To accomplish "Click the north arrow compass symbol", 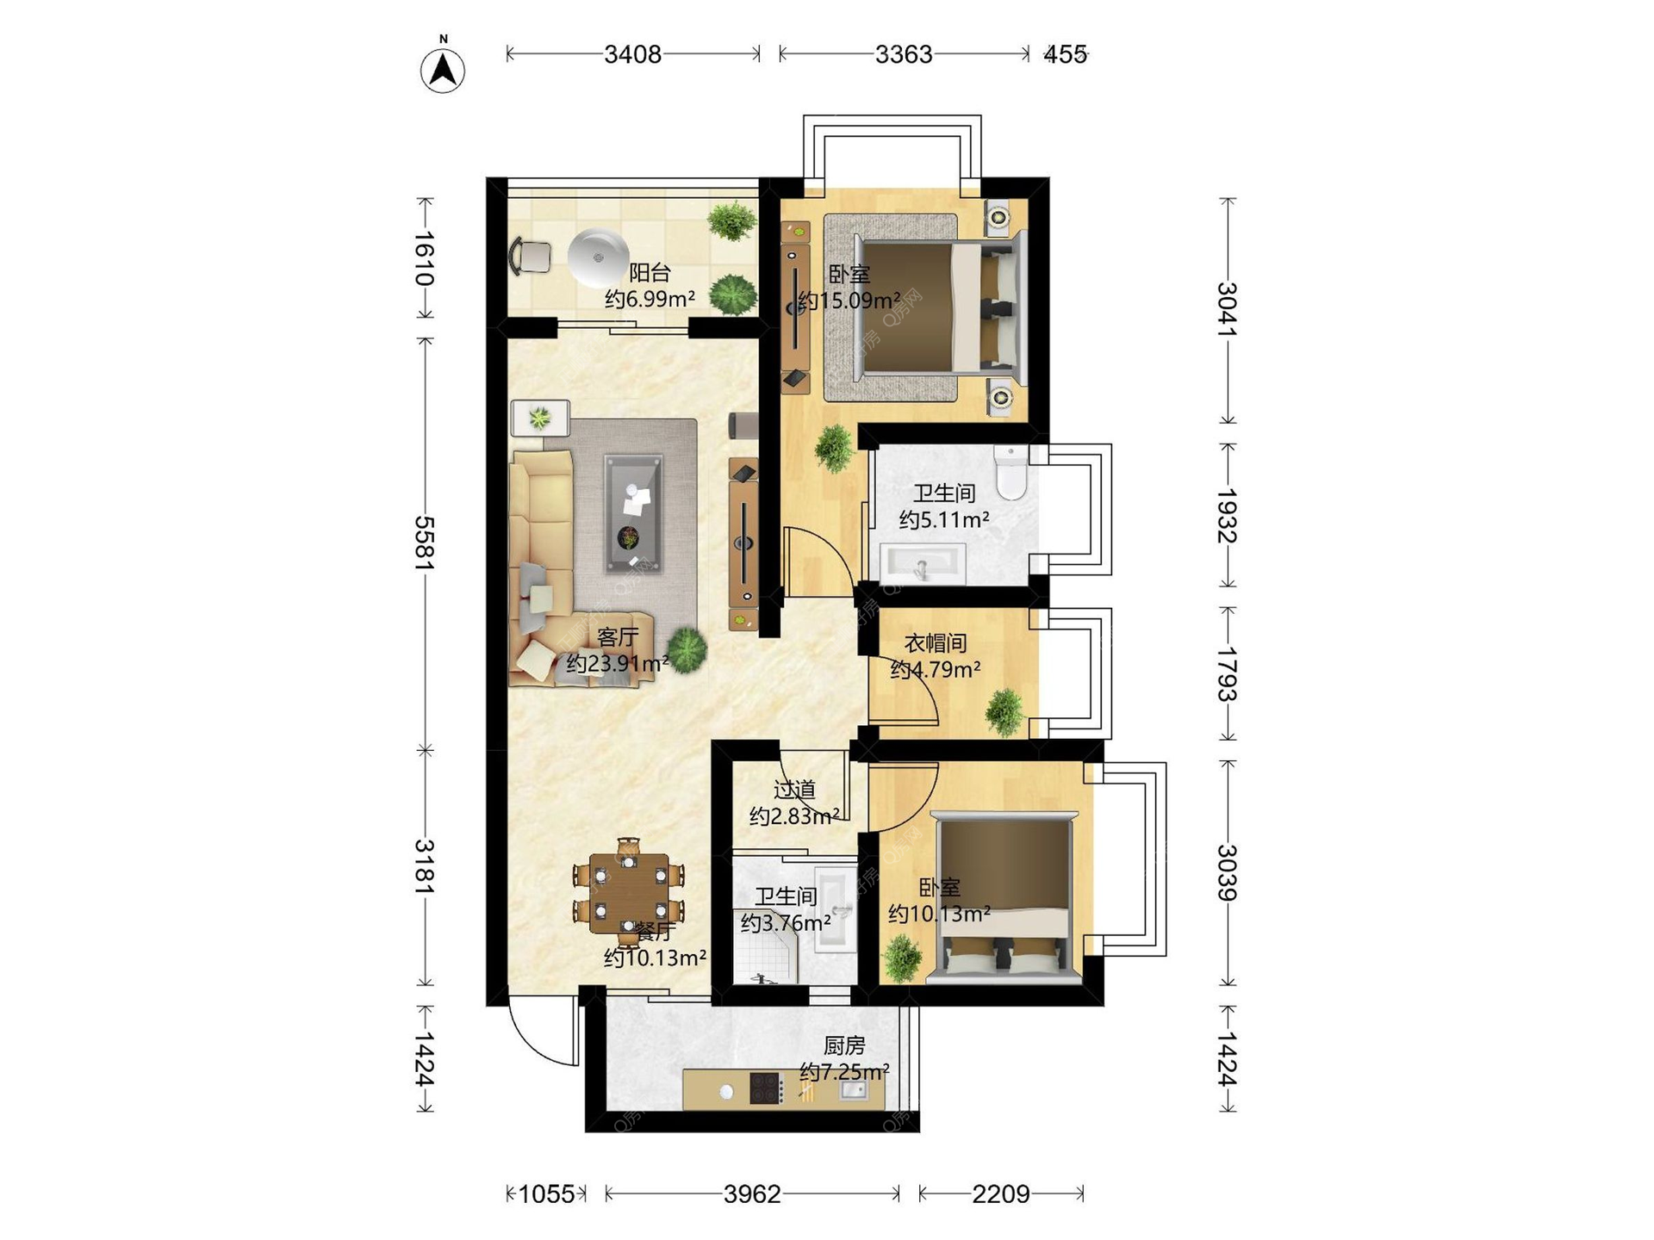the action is pos(443,67).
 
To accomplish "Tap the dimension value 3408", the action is pos(633,54).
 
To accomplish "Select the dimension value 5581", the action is pos(424,542).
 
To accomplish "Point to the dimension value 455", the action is pos(1066,54).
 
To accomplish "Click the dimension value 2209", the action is pos(1001,1193).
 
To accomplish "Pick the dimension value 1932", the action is pos(1227,516).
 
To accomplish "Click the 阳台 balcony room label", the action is pos(650,273).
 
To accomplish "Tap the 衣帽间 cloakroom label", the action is pos(936,643).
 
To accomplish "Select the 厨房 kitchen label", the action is pos(844,1045).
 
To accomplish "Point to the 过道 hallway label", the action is pos(794,789).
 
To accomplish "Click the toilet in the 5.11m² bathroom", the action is pos(1010,471).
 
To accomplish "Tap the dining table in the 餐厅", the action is pos(630,893).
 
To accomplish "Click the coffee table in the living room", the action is pos(633,513).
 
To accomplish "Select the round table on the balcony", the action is pos(598,257).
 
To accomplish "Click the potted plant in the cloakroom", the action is pos(1004,711).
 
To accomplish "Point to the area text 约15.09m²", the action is pos(849,301).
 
